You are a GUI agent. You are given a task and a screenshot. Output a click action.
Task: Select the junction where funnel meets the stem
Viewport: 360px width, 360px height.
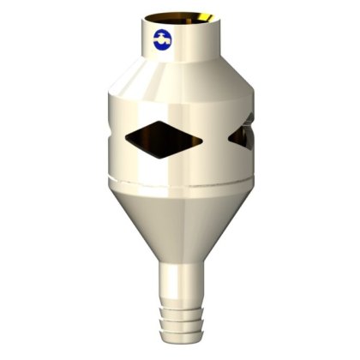tap(183, 262)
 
